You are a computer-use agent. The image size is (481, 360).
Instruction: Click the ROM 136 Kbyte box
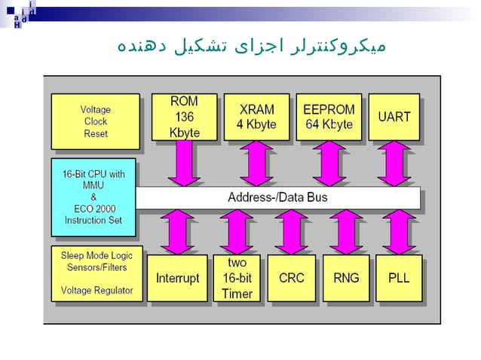[184, 117]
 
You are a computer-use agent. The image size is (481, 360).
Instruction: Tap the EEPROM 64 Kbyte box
[328, 117]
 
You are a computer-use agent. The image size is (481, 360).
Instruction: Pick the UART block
[394, 117]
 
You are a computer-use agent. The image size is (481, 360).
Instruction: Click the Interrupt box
[177, 278]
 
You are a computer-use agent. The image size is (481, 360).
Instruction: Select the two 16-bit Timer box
[237, 278]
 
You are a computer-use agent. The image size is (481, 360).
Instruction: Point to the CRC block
[291, 278]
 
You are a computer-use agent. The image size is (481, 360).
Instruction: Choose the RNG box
[346, 278]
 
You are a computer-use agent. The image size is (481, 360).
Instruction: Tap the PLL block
[399, 278]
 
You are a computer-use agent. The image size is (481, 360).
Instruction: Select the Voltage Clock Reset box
[95, 121]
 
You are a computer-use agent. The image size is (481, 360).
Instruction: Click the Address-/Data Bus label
[277, 198]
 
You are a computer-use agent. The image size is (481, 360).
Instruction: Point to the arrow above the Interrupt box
[178, 231]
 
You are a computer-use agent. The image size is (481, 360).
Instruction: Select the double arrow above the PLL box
[399, 231]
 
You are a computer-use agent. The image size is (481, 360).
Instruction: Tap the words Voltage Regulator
[97, 290]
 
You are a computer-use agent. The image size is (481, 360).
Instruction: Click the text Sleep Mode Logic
[94, 255]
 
